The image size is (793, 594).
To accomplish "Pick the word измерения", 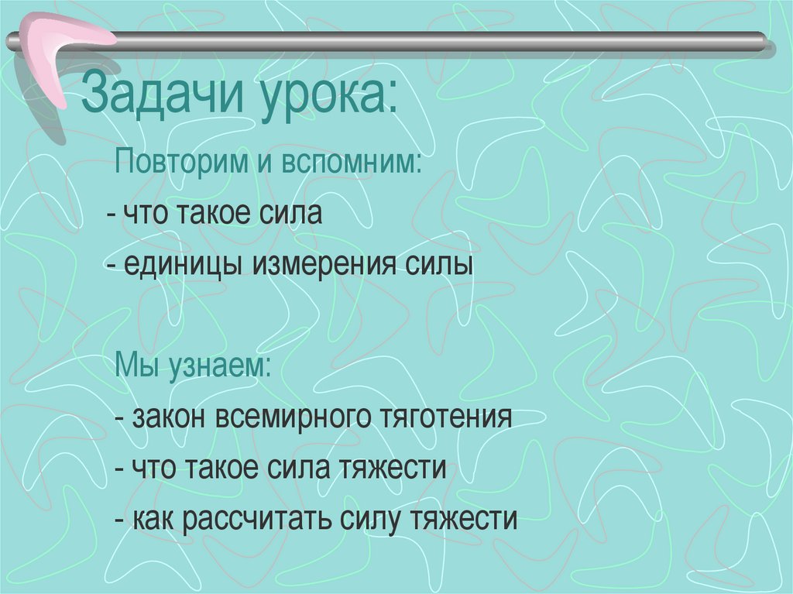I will point(324,265).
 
